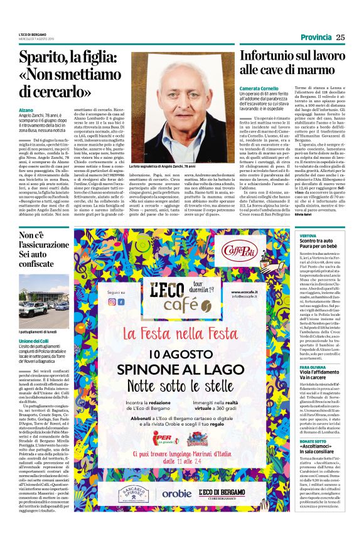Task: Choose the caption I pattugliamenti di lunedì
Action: [40, 313]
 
